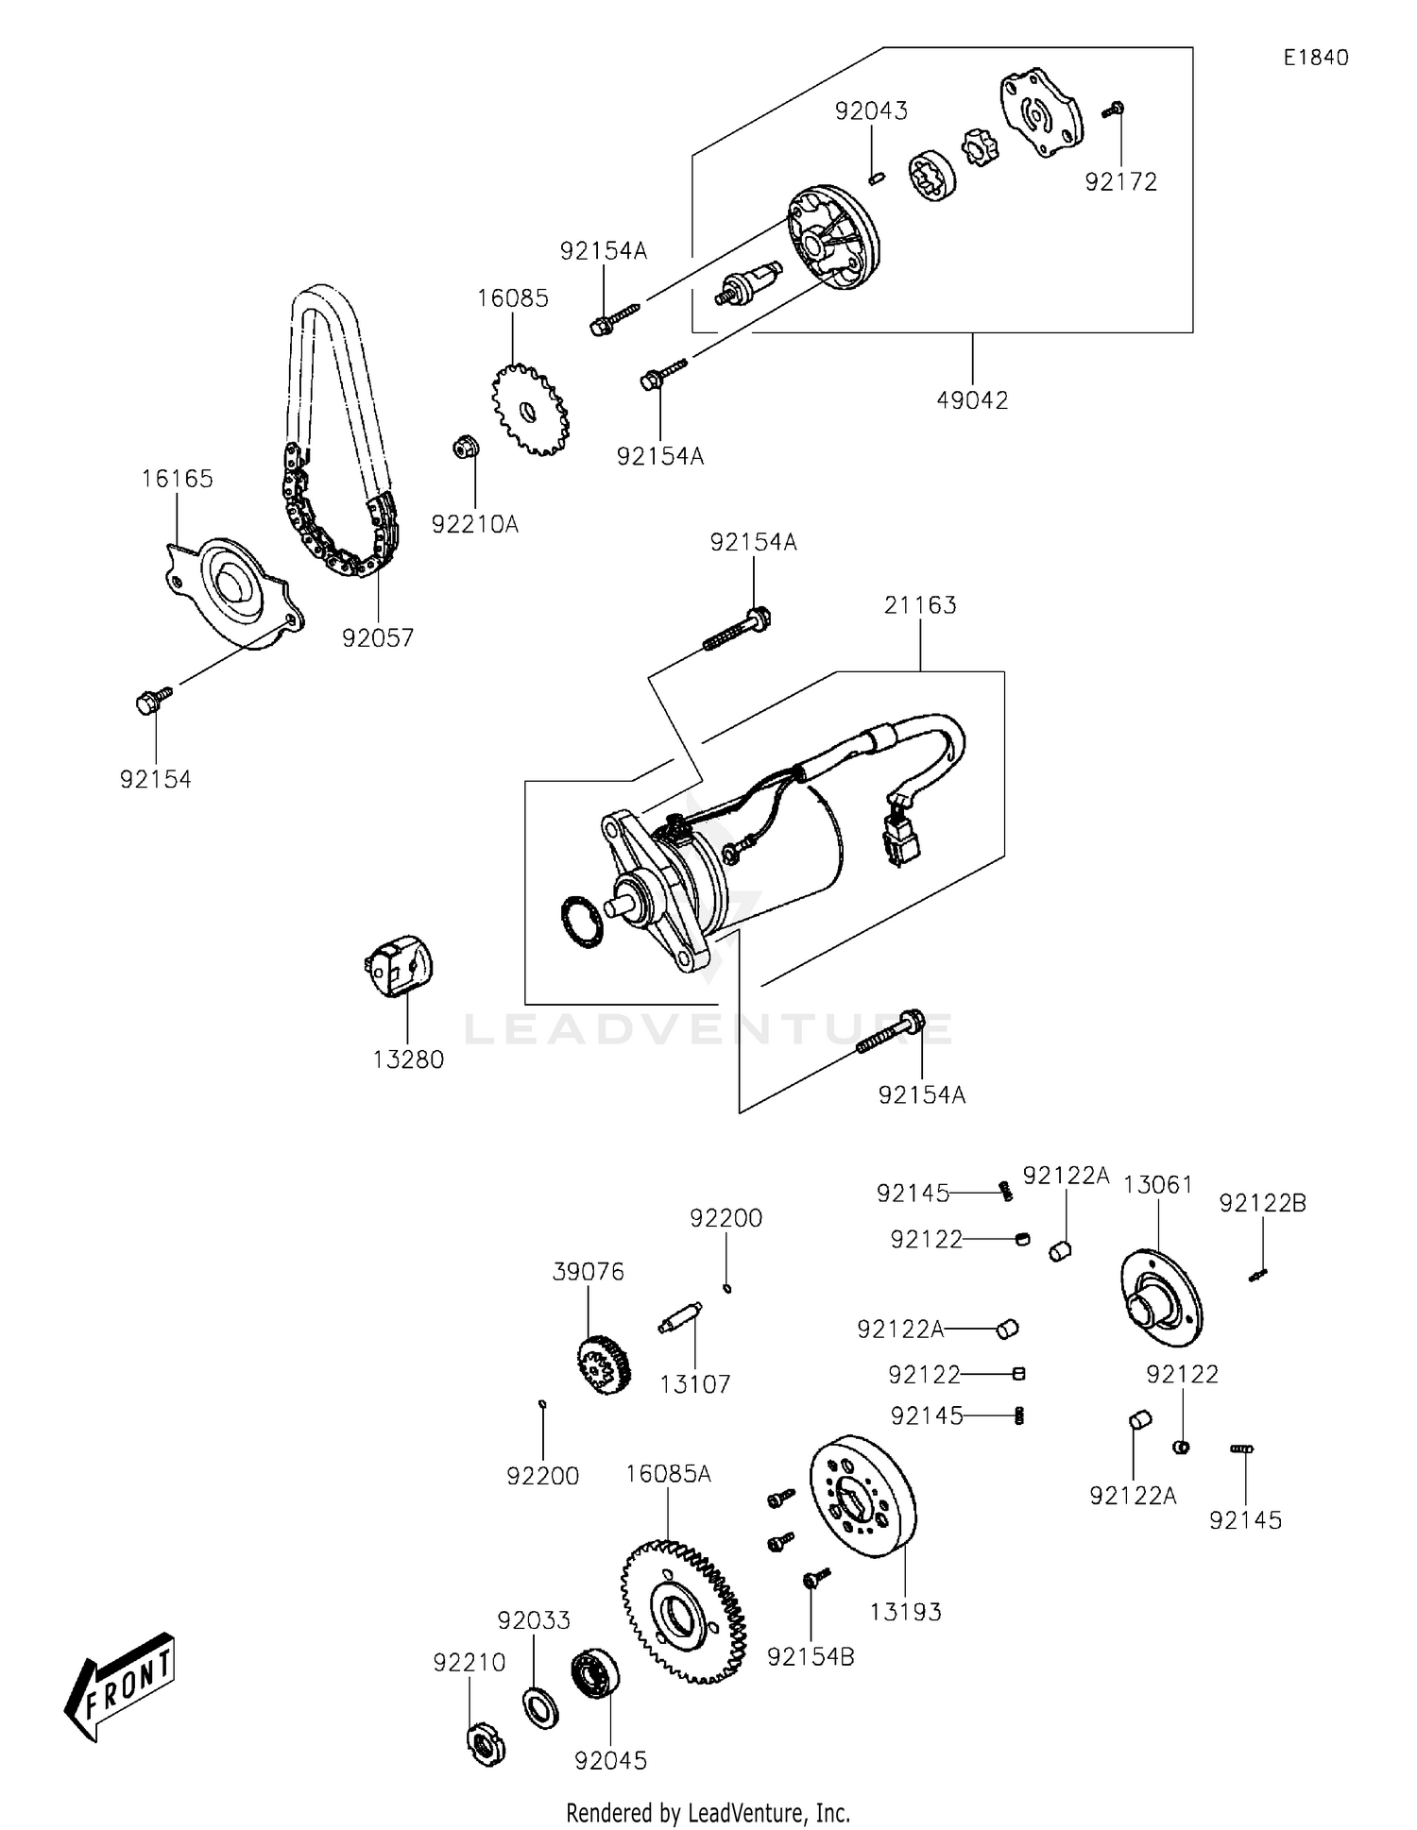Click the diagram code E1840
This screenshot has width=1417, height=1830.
(1315, 58)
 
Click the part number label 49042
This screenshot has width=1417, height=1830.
(972, 400)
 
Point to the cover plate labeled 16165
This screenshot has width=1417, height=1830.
(232, 593)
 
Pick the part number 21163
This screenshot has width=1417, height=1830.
(920, 605)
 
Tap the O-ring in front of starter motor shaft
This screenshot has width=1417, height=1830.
(582, 922)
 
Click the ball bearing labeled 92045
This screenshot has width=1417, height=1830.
(596, 1678)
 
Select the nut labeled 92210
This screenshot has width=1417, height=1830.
(487, 1745)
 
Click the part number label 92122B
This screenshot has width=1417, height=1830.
(1262, 1204)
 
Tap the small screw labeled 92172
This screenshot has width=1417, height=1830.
(1114, 110)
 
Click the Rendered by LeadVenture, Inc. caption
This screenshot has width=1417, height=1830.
(708, 1812)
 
